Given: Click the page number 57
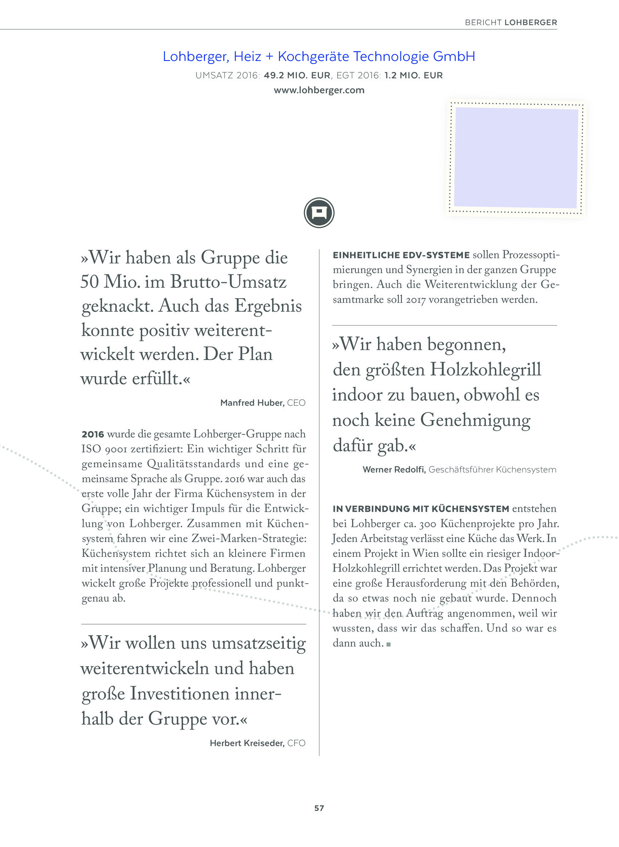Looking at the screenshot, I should pyautogui.click(x=319, y=808).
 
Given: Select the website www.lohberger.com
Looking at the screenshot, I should pyautogui.click(x=319, y=90).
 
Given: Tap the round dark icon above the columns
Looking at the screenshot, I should pyautogui.click(x=319, y=213).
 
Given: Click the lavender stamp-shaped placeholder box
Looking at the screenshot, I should pyautogui.click(x=516, y=158).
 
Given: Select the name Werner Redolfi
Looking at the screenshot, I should pyautogui.click(x=394, y=470).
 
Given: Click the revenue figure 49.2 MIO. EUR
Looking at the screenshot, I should pyautogui.click(x=297, y=75).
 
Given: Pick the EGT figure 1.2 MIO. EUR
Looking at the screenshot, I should pyautogui.click(x=413, y=75).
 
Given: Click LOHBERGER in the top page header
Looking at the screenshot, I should pyautogui.click(x=531, y=22).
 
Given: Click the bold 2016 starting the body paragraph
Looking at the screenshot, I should pyautogui.click(x=93, y=434).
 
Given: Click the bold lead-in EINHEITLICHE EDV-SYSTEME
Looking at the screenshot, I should pyautogui.click(x=401, y=255).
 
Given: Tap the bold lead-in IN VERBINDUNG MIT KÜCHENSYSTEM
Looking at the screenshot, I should pyautogui.click(x=421, y=509).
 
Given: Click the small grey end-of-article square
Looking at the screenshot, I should pyautogui.click(x=389, y=644).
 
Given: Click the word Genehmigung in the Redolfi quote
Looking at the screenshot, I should pyautogui.click(x=475, y=420).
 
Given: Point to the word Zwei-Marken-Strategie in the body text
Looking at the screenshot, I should pyautogui.click(x=249, y=539).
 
